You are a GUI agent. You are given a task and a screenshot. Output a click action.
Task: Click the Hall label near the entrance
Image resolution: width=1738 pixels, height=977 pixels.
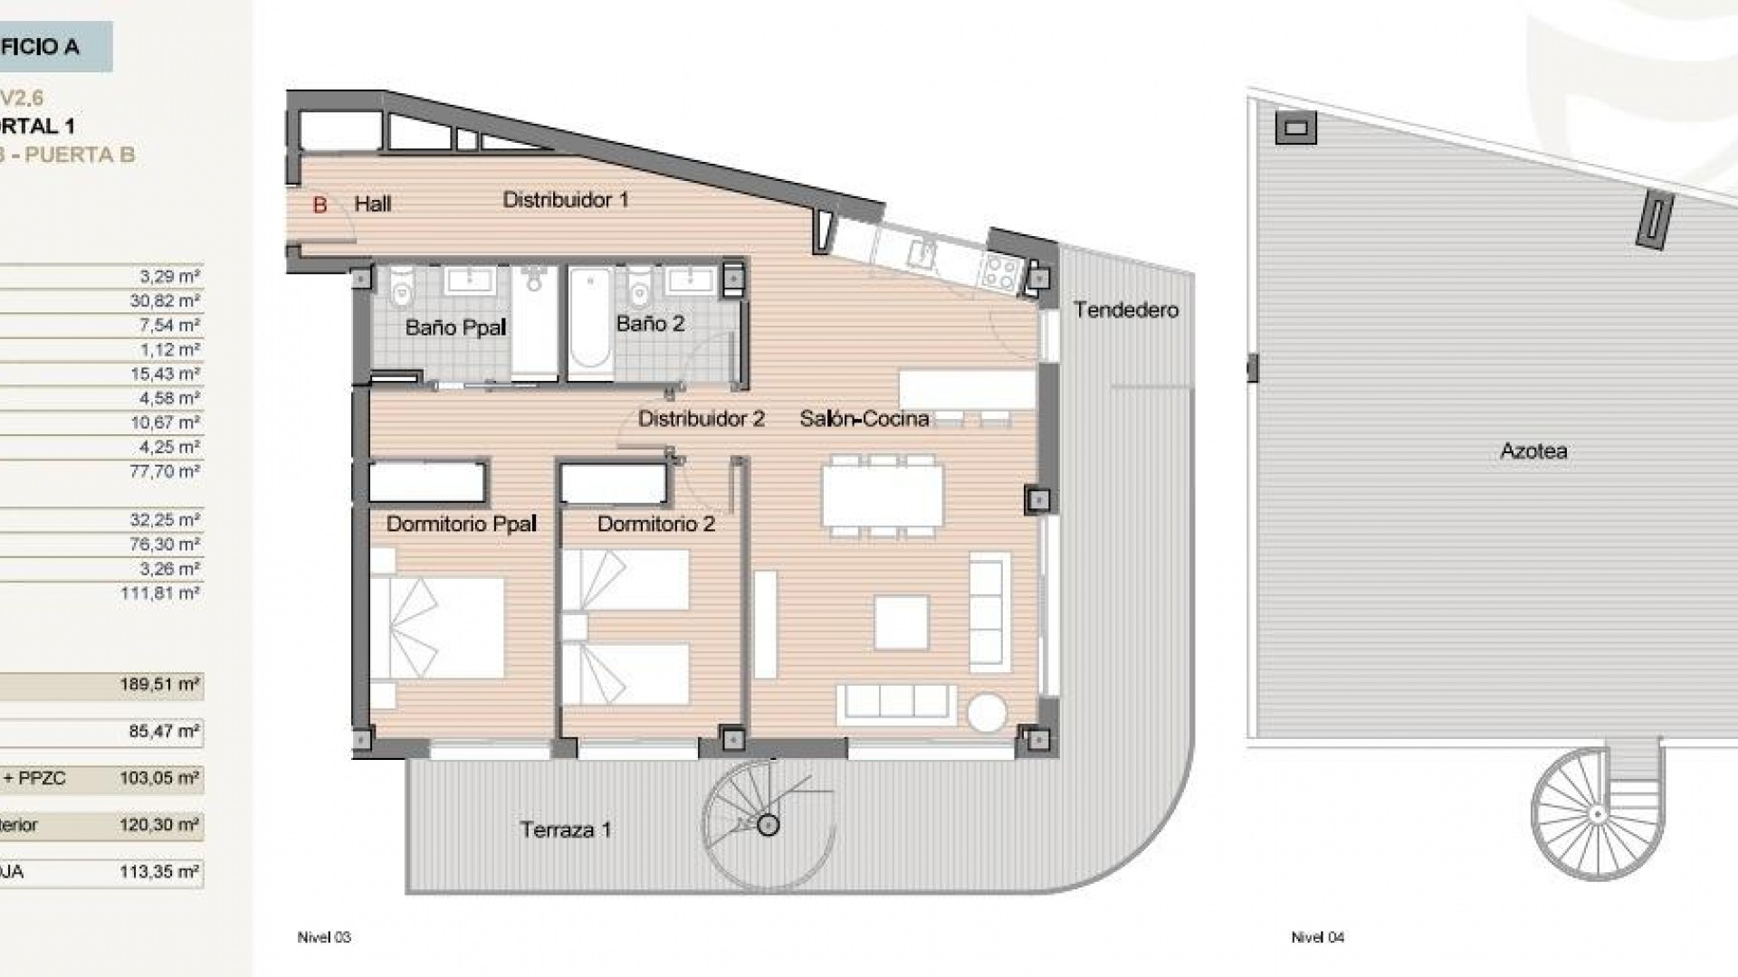[372, 204]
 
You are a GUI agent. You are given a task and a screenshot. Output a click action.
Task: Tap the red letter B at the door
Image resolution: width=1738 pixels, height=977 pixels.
[320, 205]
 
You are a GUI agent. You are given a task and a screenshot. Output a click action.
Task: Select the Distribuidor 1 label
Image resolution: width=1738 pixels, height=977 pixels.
[566, 200]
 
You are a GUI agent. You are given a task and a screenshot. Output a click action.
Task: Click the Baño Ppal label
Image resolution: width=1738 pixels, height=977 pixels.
[455, 327]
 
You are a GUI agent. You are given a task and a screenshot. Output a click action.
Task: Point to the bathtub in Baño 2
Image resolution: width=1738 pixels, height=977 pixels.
[590, 320]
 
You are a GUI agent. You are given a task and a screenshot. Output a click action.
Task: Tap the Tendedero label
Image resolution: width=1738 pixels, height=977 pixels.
[1126, 310]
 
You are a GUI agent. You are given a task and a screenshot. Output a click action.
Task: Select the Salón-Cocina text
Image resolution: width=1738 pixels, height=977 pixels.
[864, 419]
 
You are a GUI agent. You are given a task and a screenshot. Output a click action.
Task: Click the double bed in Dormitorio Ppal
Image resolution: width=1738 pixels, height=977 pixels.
[437, 628]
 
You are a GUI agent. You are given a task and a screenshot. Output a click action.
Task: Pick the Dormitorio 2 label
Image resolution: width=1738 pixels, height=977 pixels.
[656, 524]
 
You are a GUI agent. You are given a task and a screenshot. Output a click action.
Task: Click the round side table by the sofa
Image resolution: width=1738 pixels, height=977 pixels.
[987, 712]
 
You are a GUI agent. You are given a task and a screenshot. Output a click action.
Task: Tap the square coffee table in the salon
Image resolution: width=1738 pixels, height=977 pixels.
[902, 622]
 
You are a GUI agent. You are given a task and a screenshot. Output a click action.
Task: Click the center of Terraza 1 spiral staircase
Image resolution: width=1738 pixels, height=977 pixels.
[769, 825]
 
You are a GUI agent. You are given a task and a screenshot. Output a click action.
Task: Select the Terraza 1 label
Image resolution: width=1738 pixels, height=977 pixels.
[566, 830]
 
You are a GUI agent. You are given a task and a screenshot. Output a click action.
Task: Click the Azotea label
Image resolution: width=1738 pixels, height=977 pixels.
[1533, 451]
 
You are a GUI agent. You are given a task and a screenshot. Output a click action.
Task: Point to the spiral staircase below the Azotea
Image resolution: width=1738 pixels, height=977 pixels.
[1597, 813]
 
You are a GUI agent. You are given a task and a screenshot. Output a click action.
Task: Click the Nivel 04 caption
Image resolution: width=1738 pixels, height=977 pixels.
[1317, 937]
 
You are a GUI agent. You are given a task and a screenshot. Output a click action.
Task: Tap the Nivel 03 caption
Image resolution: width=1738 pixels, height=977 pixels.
[324, 937]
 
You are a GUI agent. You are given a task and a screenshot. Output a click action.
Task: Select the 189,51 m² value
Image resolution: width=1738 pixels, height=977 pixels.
[159, 685]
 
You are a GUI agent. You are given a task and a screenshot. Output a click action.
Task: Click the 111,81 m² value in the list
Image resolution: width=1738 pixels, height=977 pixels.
[159, 593]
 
